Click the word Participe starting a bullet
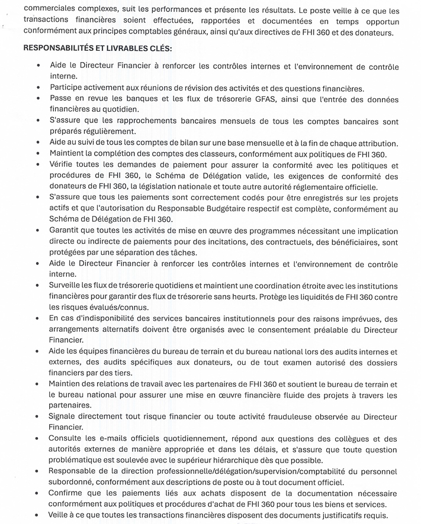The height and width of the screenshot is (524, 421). tap(70, 89)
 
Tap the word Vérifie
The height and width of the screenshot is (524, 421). tap(65, 166)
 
